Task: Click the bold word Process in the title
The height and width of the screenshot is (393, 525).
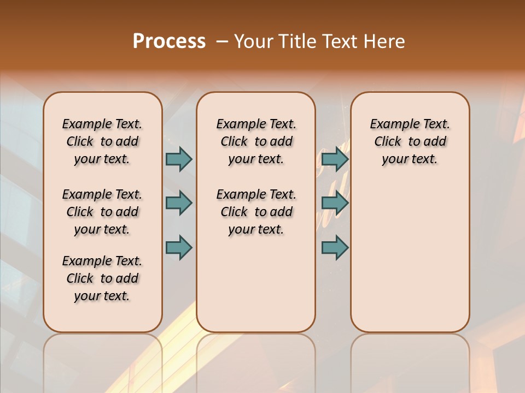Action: coord(169,41)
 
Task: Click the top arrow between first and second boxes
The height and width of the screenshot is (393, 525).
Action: coord(179,159)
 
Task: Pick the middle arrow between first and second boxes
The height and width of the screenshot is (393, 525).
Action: coord(179,203)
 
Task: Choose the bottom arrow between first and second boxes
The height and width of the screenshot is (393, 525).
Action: coord(179,247)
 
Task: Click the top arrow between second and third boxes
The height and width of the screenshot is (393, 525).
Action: coord(335,159)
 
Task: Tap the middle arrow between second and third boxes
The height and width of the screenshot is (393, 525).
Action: coord(335,203)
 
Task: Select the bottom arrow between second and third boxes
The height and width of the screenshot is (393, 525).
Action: coord(335,247)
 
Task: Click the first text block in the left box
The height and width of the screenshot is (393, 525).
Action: coord(102,141)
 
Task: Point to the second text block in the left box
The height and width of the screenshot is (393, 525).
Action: coord(102,212)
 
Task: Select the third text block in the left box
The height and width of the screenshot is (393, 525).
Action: coord(102,278)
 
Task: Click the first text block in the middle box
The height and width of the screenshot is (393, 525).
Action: coord(256,141)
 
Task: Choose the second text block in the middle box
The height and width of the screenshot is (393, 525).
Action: coord(256,212)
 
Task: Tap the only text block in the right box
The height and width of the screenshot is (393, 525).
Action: coord(410,141)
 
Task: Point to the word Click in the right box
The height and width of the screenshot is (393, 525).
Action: coord(388,142)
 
